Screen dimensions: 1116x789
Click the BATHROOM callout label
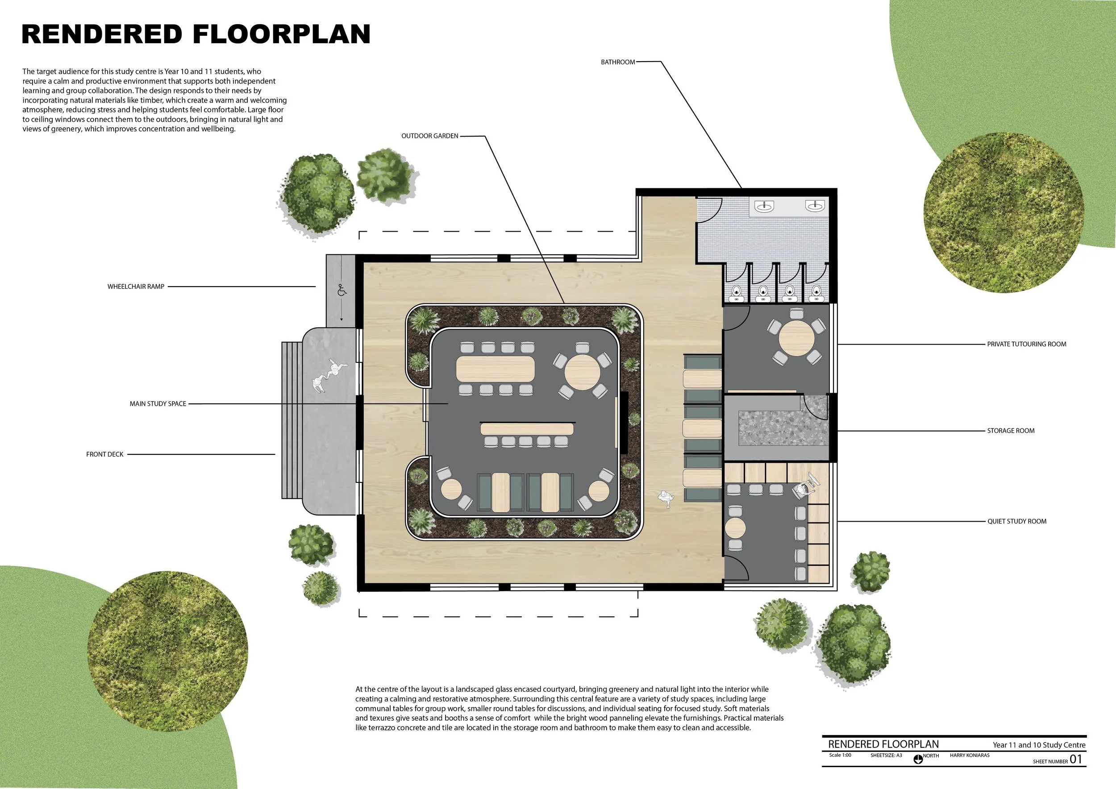click(x=618, y=62)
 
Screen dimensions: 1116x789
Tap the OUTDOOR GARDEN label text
click(x=430, y=136)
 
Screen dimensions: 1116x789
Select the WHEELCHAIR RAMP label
click(x=136, y=287)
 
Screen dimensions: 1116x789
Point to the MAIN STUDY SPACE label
click(x=158, y=404)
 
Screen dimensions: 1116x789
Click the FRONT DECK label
click(x=105, y=454)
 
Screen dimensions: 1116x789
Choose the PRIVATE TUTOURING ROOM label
click(x=1027, y=344)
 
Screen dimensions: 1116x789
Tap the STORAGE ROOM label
click(x=1011, y=431)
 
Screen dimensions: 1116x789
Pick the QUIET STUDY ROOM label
click(x=1017, y=521)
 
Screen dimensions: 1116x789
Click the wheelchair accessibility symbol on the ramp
click(x=341, y=290)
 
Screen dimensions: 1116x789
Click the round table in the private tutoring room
click(x=797, y=338)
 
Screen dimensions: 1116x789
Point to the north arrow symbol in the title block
click(x=918, y=760)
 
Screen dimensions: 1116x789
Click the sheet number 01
click(x=1076, y=760)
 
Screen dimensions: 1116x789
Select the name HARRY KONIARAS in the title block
click(x=970, y=756)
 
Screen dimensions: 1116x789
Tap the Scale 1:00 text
click(x=841, y=756)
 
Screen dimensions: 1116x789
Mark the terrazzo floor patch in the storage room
click(x=783, y=428)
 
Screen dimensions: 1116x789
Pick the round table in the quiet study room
click(x=735, y=527)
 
